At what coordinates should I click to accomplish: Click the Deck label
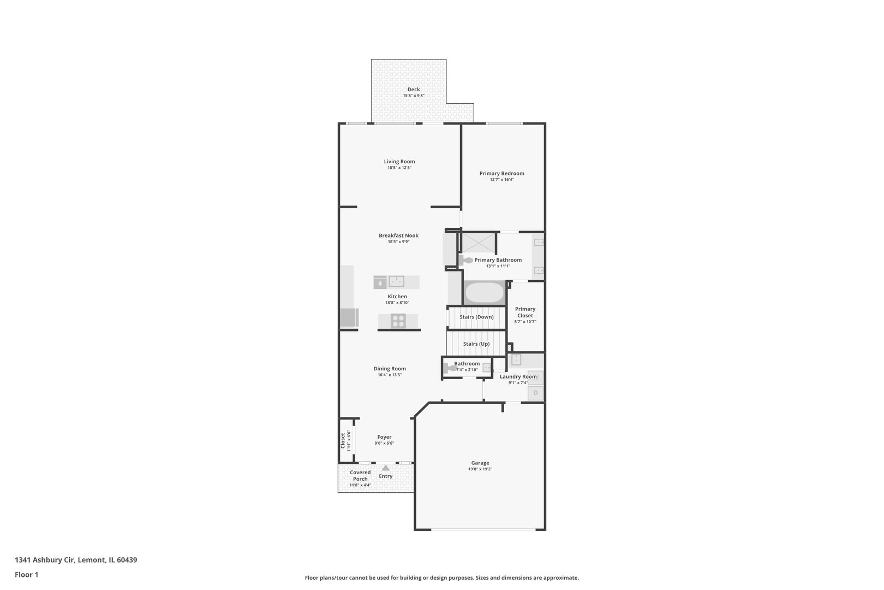click(414, 90)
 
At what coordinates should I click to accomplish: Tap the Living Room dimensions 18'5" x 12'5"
click(399, 168)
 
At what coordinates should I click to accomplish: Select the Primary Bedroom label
click(501, 173)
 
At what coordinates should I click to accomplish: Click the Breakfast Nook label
click(398, 235)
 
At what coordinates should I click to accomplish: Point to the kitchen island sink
click(396, 282)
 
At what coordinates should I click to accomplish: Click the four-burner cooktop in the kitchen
click(398, 321)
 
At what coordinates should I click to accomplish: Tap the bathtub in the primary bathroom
click(484, 293)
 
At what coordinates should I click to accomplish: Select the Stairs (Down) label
click(476, 317)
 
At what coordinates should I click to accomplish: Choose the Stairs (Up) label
click(476, 344)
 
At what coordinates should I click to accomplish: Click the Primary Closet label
click(525, 312)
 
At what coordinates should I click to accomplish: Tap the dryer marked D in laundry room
click(535, 393)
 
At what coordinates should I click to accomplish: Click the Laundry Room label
click(518, 376)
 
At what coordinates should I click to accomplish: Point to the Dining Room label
click(390, 368)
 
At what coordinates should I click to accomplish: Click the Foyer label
click(384, 437)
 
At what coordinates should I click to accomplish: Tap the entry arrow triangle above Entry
click(386, 468)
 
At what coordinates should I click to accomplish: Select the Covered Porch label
click(360, 475)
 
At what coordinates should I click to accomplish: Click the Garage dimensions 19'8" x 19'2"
click(480, 469)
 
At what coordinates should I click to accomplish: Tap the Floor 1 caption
click(27, 575)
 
